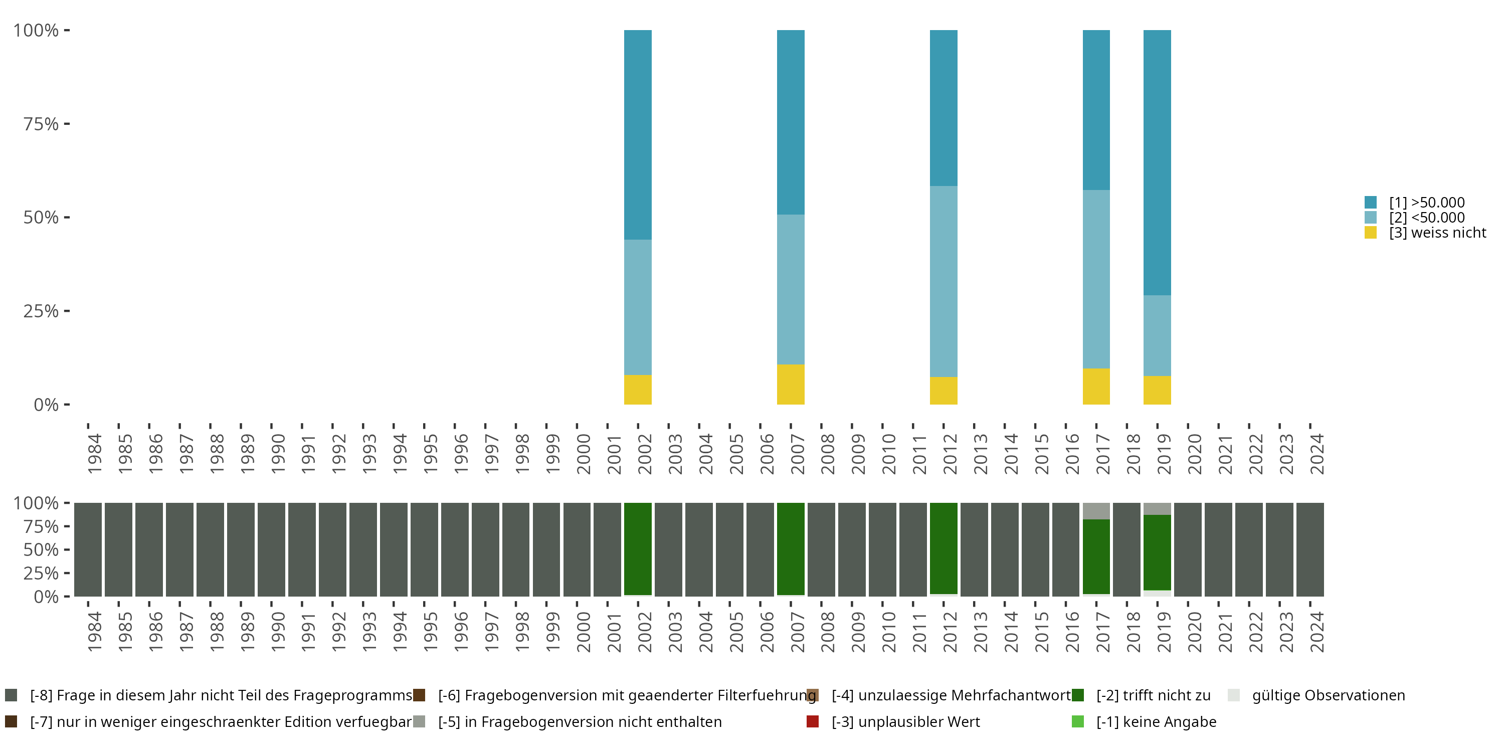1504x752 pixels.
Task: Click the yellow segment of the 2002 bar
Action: click(638, 390)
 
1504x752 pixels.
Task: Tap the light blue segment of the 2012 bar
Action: click(944, 281)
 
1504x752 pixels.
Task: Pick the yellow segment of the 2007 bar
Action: click(791, 384)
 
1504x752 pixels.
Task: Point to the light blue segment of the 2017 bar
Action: click(1096, 279)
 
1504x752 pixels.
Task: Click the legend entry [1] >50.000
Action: click(1426, 203)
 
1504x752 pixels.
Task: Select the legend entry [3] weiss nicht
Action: click(1437, 233)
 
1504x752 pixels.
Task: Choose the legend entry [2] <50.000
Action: click(1426, 218)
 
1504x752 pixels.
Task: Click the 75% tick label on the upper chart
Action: click(41, 124)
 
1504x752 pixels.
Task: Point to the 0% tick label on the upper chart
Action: click(46, 405)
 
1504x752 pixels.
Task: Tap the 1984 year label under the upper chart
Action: click(95, 454)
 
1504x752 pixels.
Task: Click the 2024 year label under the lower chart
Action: click(1317, 632)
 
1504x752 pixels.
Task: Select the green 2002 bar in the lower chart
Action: click(638, 549)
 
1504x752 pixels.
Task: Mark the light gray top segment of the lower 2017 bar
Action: click(1096, 511)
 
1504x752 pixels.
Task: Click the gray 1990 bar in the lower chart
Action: click(272, 549)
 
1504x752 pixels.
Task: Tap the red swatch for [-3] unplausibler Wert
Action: click(812, 721)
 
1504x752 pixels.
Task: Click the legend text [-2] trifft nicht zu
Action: click(1153, 695)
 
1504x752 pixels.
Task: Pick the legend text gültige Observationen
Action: click(1328, 695)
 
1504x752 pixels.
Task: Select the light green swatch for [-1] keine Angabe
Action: click(1078, 721)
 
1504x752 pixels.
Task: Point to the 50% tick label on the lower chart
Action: click(41, 550)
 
